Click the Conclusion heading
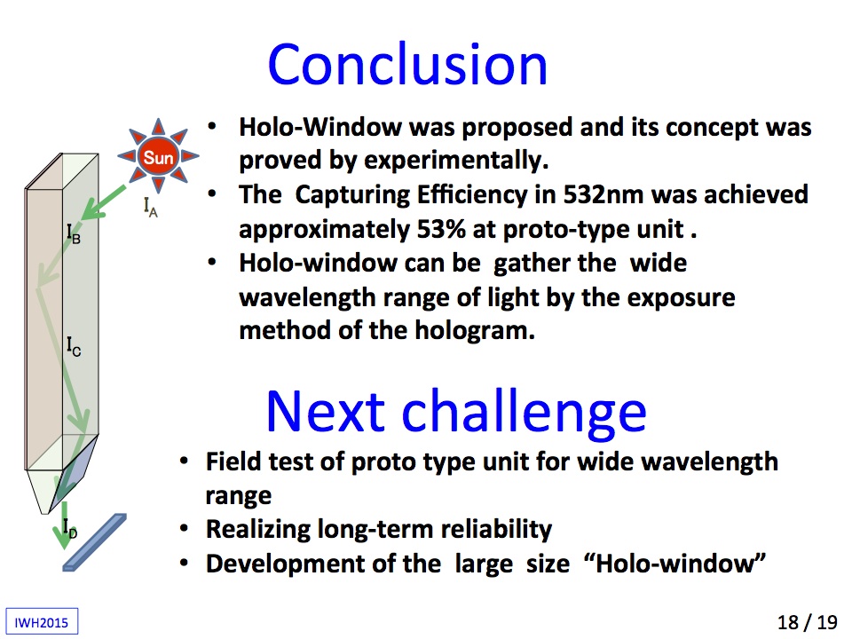(407, 64)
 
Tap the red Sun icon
(158, 156)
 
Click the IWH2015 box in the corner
(42, 621)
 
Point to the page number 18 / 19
(808, 621)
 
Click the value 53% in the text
(441, 229)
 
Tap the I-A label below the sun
(151, 207)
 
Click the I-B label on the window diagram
(74, 233)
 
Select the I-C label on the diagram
(74, 346)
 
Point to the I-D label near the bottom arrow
(70, 528)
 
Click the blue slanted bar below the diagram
(95, 542)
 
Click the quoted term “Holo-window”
(674, 563)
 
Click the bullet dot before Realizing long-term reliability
(185, 529)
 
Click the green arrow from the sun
(104, 202)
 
